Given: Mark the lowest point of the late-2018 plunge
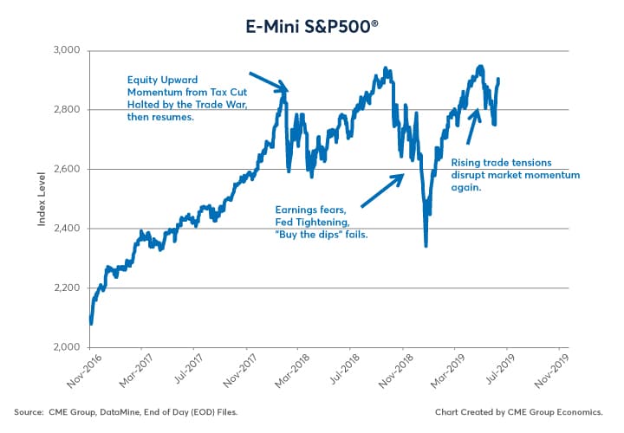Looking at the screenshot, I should [x=426, y=246].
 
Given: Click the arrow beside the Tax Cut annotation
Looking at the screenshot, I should [x=268, y=81].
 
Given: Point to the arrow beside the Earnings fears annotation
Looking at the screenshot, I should [x=381, y=191].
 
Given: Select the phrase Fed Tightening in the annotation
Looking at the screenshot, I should [x=311, y=222].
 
